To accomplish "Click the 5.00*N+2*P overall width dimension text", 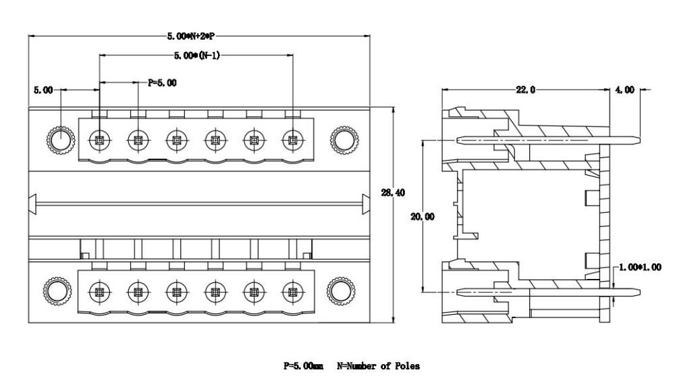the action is click(191, 36).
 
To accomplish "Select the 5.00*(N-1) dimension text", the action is click(196, 55).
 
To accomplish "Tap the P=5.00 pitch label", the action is click(162, 82).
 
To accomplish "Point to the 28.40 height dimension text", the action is click(393, 193).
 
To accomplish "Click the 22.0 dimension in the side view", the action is click(526, 90).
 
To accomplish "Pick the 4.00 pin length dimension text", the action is click(624, 90).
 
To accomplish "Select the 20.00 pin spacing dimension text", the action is click(423, 217).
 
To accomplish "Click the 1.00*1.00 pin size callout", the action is click(640, 267).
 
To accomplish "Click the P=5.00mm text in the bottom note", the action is click(303, 366).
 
